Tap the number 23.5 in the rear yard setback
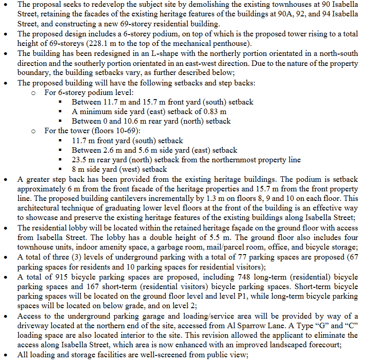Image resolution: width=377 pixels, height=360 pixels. coord(79,160)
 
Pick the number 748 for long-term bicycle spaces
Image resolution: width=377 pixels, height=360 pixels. coord(243,277)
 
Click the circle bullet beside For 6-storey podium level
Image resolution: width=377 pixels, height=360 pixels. coord(34,93)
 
